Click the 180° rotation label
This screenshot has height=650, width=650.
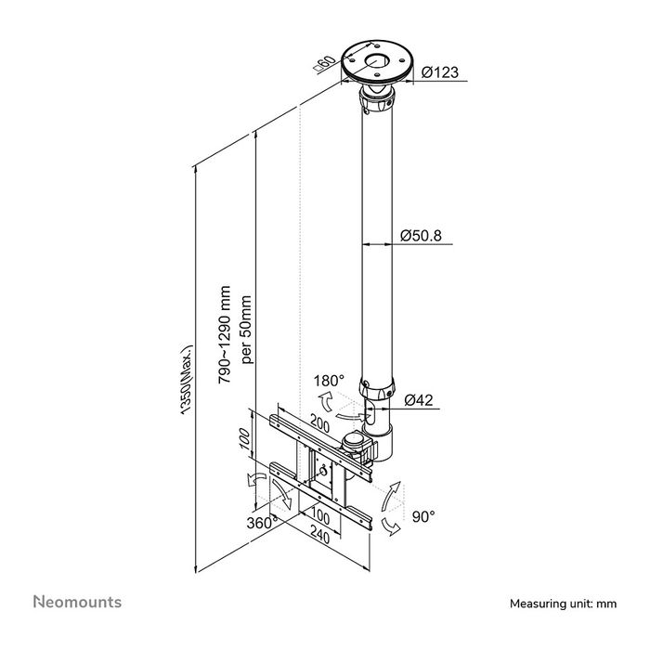click(330, 382)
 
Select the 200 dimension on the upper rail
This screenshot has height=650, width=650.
click(320, 423)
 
